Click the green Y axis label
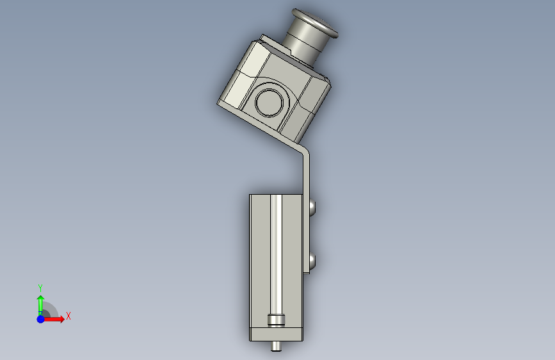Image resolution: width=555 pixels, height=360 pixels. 40,288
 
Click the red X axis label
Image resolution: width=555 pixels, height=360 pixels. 68,316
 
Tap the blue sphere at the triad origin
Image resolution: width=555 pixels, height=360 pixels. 41,319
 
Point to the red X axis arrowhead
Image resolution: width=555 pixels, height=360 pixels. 61,319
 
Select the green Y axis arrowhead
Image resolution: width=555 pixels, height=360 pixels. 41,299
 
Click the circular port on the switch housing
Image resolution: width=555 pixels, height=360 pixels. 269,102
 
